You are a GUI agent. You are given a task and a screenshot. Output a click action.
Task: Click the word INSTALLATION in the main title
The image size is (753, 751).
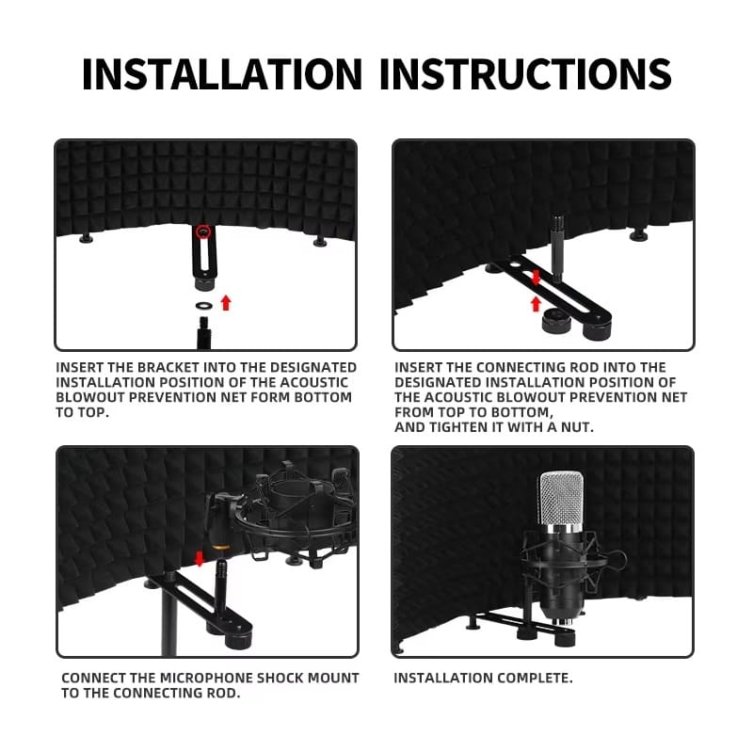222,74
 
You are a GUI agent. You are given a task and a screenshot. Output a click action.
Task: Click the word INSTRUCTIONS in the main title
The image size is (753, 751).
525,74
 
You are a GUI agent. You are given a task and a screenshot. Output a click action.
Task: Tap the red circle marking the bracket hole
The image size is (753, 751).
204,232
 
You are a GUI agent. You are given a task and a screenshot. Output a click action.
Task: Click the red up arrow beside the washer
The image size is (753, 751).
226,302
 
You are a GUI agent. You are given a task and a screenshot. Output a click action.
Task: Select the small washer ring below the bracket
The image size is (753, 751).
204,305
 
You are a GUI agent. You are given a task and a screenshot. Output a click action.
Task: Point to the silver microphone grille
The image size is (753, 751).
561,499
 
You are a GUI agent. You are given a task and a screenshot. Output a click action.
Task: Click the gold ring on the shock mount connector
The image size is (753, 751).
220,546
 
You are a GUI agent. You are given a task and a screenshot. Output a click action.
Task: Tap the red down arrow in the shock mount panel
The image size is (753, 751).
199,558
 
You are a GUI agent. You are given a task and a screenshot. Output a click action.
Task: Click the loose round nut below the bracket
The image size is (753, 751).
556,321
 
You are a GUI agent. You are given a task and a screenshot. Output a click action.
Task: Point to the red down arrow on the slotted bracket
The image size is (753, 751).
536,277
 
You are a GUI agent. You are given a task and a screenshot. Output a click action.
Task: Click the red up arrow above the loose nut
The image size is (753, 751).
536,303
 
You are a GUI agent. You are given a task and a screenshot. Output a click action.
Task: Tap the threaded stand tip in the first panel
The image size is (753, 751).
204,332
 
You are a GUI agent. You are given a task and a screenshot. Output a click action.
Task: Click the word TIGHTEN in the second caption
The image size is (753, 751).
464,427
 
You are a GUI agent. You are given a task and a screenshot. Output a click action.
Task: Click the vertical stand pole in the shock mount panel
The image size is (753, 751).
168,619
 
